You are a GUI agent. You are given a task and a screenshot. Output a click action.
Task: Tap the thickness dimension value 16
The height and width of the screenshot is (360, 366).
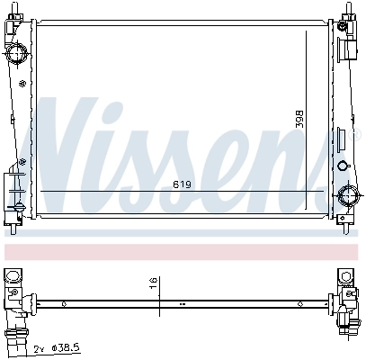pyautogui.click(x=154, y=285)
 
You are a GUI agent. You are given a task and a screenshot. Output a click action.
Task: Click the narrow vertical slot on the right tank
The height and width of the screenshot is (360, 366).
pyautogui.click(x=340, y=140)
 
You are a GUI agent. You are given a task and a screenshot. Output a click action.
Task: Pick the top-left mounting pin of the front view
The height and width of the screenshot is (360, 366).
pyautogui.click(x=18, y=8)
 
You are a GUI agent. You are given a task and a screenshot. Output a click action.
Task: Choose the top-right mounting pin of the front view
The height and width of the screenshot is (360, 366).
pyautogui.click(x=346, y=8)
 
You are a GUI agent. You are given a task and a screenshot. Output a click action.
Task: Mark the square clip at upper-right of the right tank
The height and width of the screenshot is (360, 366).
pyautogui.click(x=343, y=28)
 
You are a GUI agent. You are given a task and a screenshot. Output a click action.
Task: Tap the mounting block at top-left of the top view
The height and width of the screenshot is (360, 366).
pyautogui.click(x=14, y=276)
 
